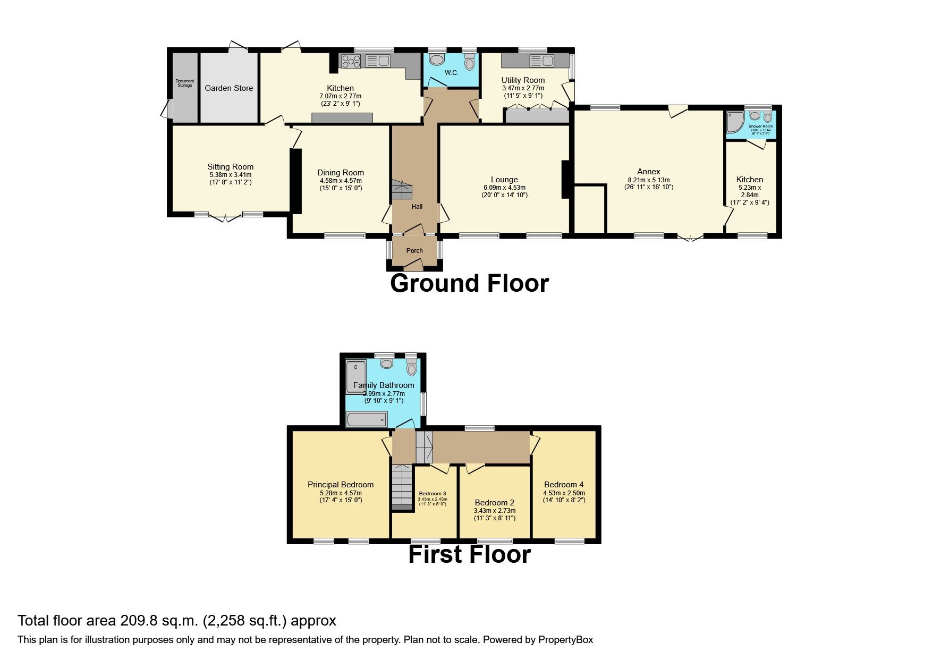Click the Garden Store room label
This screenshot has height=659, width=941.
[228, 88]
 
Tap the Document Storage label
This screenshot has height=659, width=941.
[185, 83]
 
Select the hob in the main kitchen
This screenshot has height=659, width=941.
[351, 62]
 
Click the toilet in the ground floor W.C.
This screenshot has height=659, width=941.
[469, 63]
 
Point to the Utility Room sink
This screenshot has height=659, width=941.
[541, 61]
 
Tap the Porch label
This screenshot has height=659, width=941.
[414, 251]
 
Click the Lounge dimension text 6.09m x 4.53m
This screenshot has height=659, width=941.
[504, 188]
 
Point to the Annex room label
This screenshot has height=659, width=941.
[648, 172]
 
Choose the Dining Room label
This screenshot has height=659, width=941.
[341, 173]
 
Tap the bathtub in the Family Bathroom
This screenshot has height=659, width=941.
[366, 420]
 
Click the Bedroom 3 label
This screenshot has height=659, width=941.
[433, 494]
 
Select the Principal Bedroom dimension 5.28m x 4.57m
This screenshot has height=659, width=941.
[341, 493]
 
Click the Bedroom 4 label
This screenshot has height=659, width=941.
[564, 485]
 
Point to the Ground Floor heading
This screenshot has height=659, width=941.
[469, 283]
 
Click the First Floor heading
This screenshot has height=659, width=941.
[469, 554]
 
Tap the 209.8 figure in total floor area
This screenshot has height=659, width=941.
[137, 621]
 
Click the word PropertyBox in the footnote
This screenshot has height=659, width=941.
[565, 640]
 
